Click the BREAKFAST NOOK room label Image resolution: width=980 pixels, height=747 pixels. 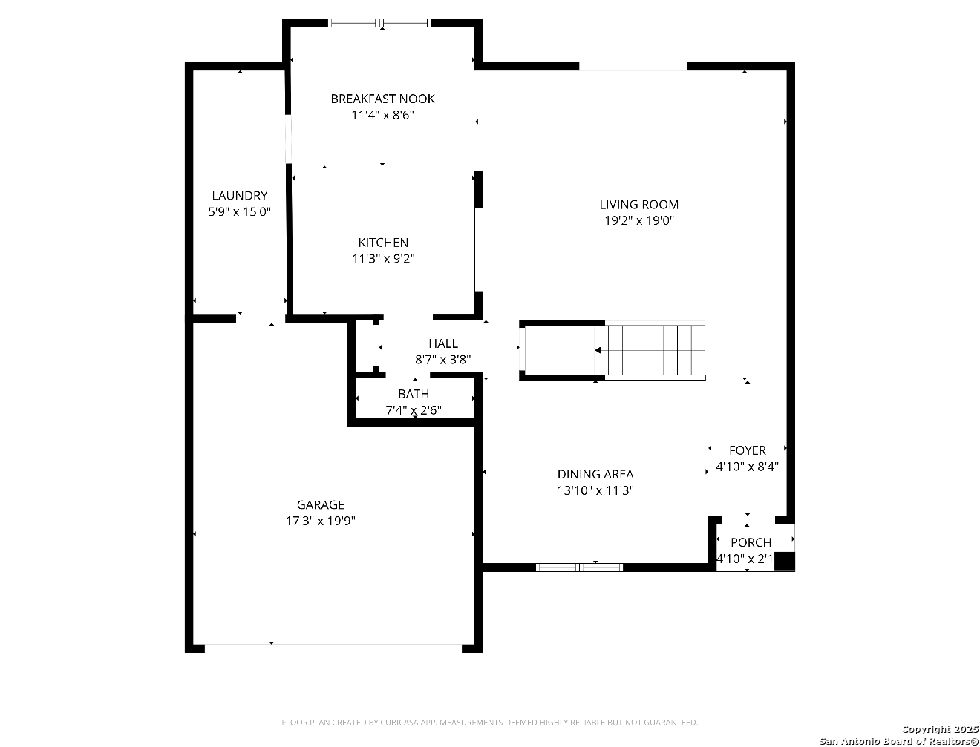382,99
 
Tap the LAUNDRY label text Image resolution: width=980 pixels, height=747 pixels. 240,195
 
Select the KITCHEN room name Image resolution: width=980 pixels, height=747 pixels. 383,243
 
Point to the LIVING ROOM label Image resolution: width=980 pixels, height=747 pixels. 639,205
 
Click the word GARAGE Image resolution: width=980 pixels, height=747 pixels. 321,505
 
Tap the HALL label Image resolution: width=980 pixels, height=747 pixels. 443,343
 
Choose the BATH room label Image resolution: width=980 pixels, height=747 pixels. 414,394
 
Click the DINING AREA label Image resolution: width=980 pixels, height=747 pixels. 595,474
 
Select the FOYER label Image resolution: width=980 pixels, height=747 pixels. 748,450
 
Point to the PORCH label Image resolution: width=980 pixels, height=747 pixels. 751,542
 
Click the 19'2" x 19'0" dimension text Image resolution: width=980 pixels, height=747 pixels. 639,220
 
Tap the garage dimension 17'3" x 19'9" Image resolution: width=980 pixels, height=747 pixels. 321,521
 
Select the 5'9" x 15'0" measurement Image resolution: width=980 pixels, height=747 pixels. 240,211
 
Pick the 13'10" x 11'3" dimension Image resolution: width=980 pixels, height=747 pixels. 595,490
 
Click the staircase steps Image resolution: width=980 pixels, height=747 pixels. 650,350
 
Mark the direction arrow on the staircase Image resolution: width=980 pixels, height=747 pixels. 598,351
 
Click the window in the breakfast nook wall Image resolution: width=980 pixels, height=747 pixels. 379,23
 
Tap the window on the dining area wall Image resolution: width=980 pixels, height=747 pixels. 579,567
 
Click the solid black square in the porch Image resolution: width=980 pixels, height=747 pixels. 785,561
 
